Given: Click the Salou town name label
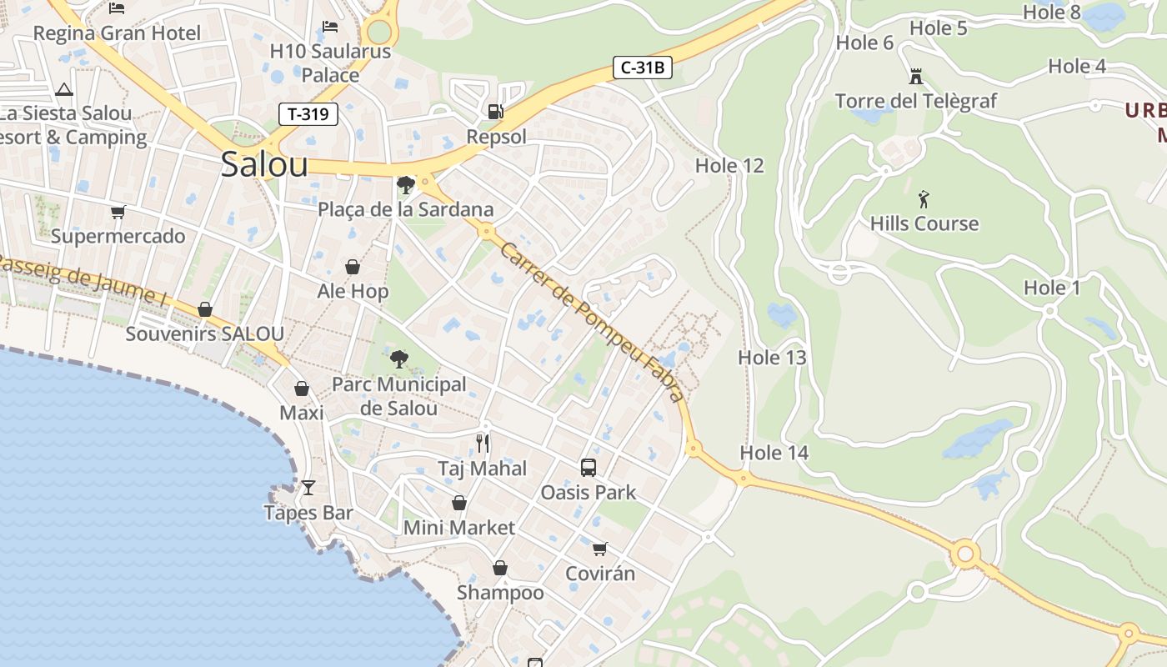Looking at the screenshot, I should click(264, 164).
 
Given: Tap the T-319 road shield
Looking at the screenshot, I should click(308, 114).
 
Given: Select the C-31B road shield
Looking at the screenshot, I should click(642, 68).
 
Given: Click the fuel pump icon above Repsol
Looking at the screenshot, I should click(495, 111).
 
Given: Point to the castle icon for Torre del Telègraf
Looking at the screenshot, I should click(916, 77).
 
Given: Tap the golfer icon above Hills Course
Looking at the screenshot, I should click(923, 199).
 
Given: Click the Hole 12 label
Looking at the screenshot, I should click(729, 165).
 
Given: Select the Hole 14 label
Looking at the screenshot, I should click(774, 453).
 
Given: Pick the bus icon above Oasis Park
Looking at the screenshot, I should click(588, 468).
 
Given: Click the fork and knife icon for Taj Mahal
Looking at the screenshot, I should click(483, 443).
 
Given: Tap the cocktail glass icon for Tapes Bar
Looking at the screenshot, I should click(308, 488).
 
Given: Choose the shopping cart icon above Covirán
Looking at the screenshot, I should click(599, 549).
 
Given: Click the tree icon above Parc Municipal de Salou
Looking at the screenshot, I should click(399, 359).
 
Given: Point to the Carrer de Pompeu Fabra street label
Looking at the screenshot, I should click(592, 322).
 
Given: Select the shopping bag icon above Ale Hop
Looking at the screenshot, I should click(353, 267).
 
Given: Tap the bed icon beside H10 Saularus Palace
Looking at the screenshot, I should click(330, 27).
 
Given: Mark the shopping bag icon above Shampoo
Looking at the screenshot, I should click(499, 568).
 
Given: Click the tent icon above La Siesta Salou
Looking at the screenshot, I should click(63, 89).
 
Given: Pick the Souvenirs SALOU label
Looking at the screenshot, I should click(204, 334).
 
